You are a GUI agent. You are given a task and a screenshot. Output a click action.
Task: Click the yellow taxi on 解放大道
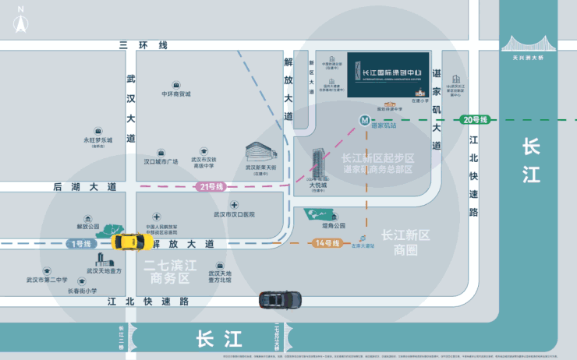click(x=126, y=242)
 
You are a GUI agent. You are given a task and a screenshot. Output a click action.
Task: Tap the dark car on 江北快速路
click(x=280, y=299)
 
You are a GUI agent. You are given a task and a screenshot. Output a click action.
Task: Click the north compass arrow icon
click(x=20, y=21)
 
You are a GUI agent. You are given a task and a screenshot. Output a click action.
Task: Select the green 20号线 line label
click(x=474, y=119)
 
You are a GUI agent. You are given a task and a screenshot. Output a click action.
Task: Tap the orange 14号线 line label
click(x=326, y=243)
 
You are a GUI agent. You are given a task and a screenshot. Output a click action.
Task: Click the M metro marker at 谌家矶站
click(x=364, y=121)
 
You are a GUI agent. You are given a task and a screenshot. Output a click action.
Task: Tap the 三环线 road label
click(x=143, y=45)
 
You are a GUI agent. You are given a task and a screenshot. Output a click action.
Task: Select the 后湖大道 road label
click(x=84, y=187)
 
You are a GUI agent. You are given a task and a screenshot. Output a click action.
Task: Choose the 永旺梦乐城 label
click(x=98, y=140)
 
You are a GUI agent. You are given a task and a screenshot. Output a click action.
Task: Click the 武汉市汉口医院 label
click(x=234, y=214)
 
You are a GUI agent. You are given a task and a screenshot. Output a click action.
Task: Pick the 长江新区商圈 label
click(x=405, y=242)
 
